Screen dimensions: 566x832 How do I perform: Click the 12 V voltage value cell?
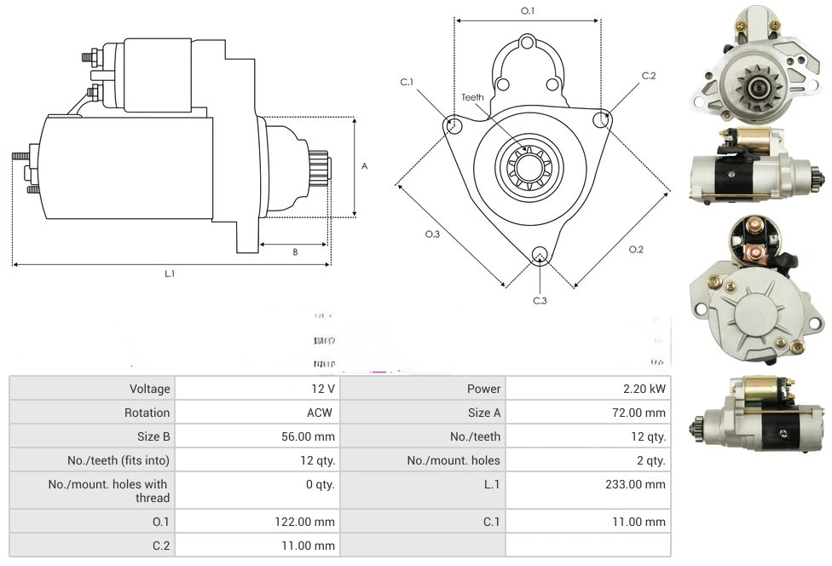[x=324, y=389]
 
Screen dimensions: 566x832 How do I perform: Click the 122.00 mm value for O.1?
[x=310, y=522]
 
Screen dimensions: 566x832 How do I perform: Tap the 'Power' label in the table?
[x=483, y=389]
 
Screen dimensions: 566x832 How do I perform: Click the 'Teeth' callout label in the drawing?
[x=473, y=97]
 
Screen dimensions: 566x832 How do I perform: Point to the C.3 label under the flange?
[x=540, y=300]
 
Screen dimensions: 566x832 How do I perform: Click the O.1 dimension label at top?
[x=528, y=10]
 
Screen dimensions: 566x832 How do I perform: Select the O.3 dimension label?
[x=433, y=234]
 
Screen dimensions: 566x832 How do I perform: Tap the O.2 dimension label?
[x=636, y=249]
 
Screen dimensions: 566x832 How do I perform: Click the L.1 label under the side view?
[x=170, y=274]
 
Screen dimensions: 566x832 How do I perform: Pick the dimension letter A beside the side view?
[x=365, y=166]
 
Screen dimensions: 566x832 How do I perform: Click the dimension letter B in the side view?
[x=295, y=251]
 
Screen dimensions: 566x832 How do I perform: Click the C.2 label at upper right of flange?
[x=649, y=76]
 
